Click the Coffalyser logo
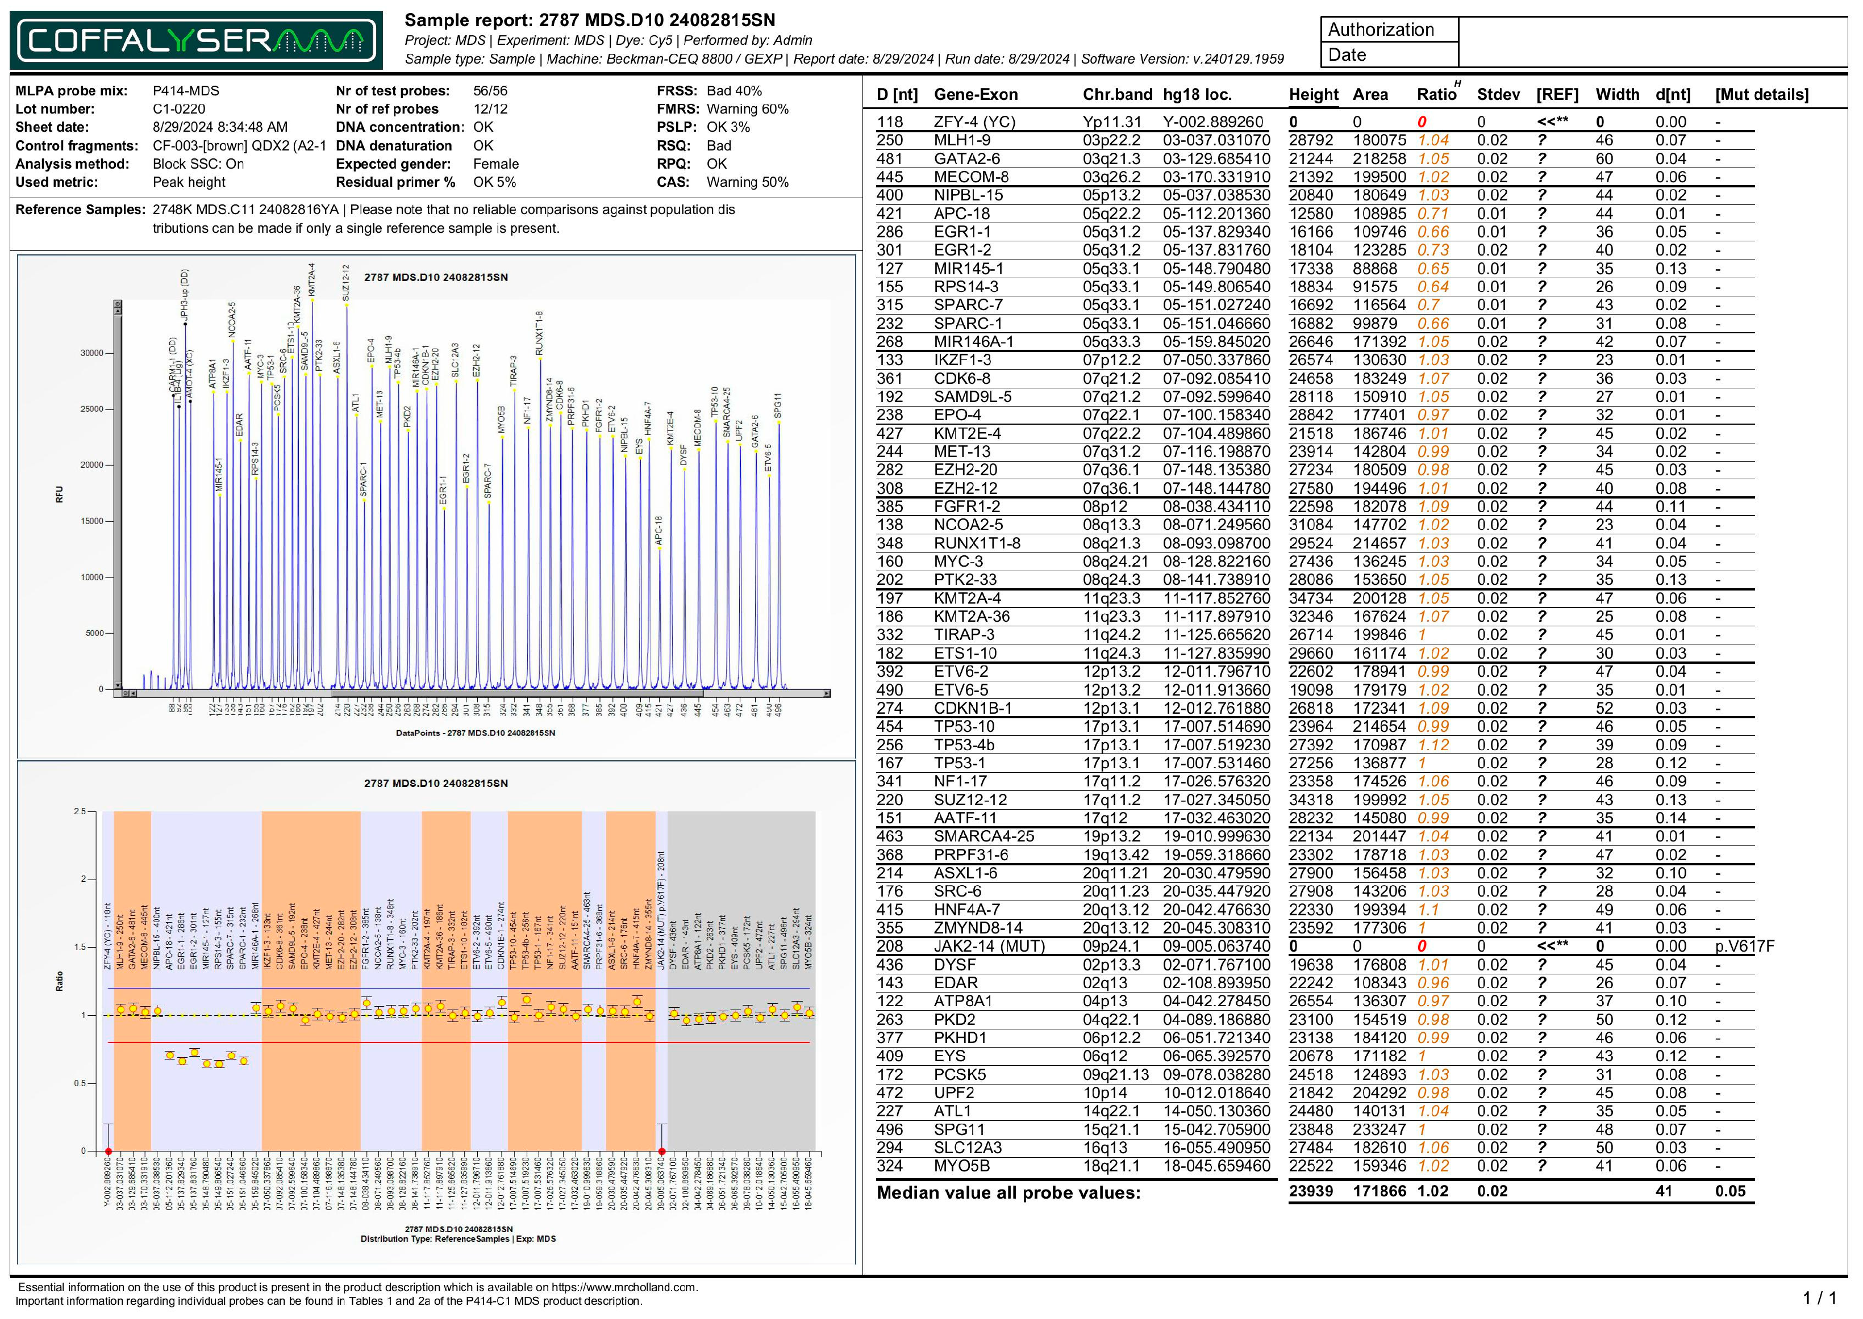[x=196, y=40]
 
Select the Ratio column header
[x=1436, y=94]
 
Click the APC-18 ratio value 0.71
[x=1433, y=213]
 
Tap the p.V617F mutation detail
[x=1744, y=946]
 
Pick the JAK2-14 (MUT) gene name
[x=989, y=946]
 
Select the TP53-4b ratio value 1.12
[x=1433, y=745]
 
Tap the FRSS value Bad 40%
[x=733, y=91]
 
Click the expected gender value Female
[x=495, y=164]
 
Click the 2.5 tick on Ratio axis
[x=80, y=811]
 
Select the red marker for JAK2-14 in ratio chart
[x=662, y=1151]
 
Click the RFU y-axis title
[x=59, y=494]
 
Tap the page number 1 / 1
[x=1818, y=1298]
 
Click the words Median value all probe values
[x=1007, y=1192]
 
